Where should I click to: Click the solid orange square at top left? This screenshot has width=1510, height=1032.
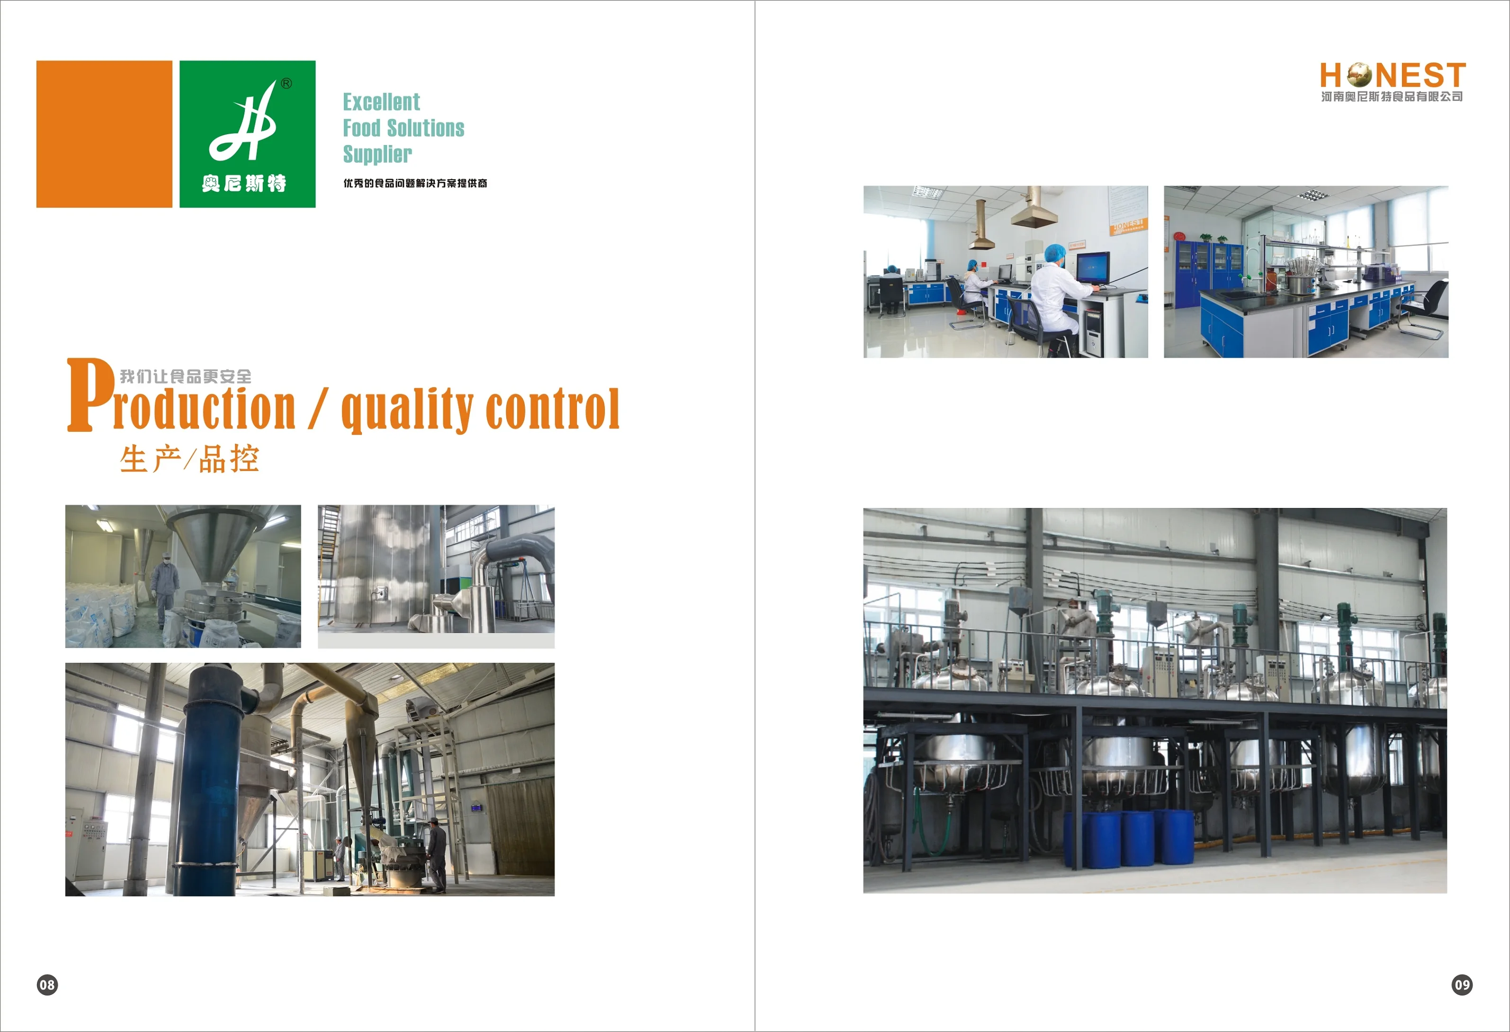104,134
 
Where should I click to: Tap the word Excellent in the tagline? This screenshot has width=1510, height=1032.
381,102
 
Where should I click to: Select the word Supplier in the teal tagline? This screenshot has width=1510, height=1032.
377,154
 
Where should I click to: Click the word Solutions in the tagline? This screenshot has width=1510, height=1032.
426,128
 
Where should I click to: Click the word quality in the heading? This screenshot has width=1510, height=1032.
407,409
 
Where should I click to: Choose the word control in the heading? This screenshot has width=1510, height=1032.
552,409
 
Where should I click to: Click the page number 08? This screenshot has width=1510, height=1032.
47,985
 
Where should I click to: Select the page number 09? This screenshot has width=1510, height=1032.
1462,985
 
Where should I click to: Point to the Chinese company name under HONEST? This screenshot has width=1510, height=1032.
1392,97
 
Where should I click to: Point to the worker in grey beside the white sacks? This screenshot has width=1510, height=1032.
164,588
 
